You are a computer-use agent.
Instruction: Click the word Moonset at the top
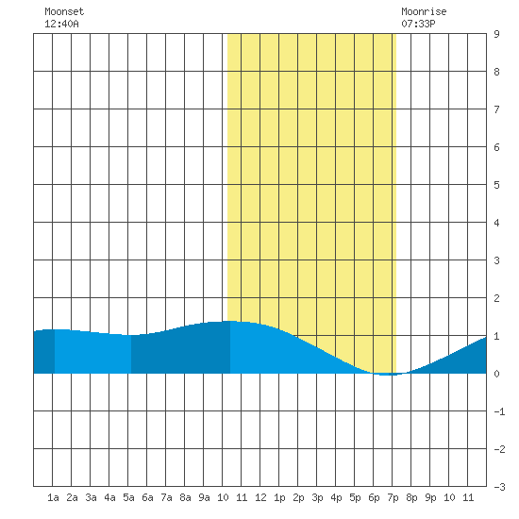pos(64,11)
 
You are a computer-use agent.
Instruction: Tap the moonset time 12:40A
pos(61,24)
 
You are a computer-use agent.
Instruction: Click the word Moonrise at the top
pos(424,11)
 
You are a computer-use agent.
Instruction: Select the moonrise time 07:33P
pos(418,24)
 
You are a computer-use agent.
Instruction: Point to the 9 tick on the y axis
pos(496,34)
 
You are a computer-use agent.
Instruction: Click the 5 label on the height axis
pos(496,185)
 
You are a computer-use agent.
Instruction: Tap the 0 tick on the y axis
pos(496,374)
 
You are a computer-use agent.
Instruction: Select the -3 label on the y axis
pos(499,487)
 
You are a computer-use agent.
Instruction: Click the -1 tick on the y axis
pos(499,411)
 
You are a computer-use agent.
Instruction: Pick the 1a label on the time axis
pos(53,497)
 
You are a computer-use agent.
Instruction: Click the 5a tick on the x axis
pos(128,497)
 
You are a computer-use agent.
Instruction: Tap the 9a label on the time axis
pos(204,497)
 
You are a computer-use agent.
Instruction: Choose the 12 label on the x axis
pos(260,497)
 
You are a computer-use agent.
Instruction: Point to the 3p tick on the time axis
pos(317,497)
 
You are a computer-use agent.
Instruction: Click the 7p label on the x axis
pos(393,497)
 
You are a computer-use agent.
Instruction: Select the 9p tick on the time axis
pos(430,497)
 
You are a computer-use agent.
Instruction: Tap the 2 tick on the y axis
pos(496,298)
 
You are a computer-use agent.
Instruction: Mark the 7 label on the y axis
pos(496,109)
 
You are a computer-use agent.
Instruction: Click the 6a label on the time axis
pos(147,497)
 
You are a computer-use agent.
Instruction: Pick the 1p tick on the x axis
pos(279,497)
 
